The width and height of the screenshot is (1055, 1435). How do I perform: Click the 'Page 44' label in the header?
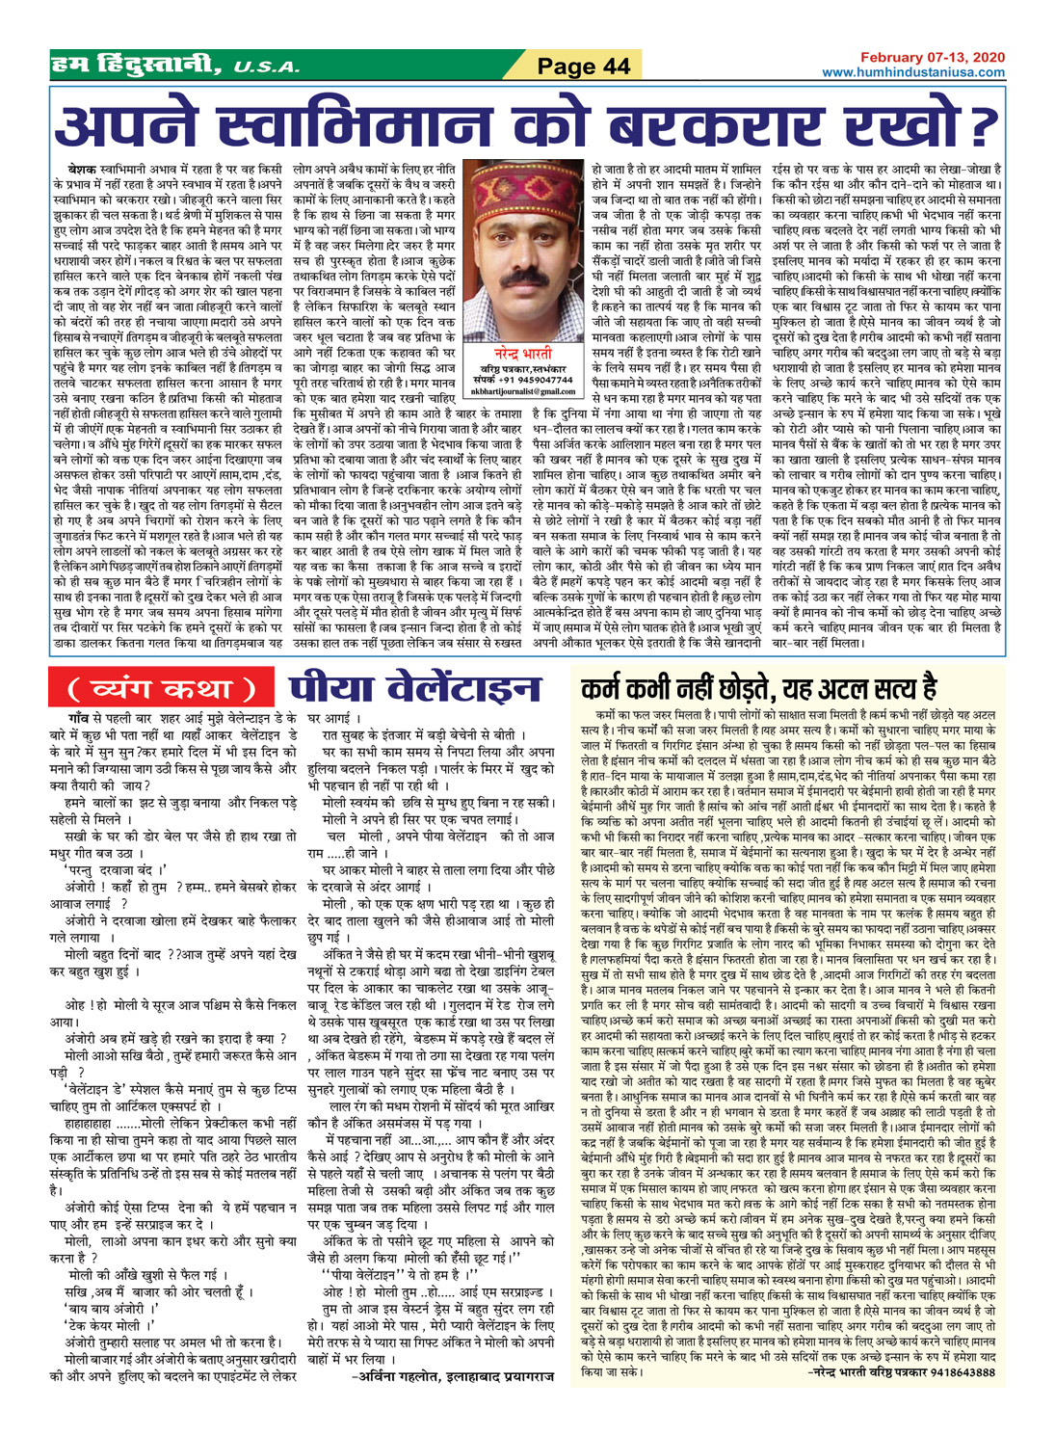(583, 66)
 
